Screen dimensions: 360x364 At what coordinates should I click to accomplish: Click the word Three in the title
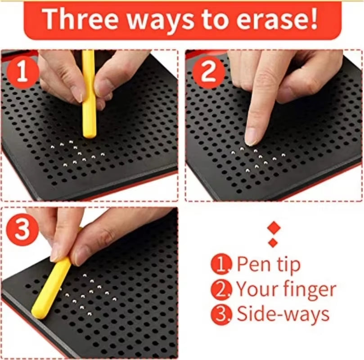(x=83, y=18)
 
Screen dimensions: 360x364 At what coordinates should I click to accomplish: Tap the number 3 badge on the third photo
(x=21, y=229)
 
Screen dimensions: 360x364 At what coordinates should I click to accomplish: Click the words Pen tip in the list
(x=268, y=265)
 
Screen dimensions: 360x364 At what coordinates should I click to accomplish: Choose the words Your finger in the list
(x=286, y=289)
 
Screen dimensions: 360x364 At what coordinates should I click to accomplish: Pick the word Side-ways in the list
(x=283, y=314)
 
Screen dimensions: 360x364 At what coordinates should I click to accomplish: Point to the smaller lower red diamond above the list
(x=273, y=243)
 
